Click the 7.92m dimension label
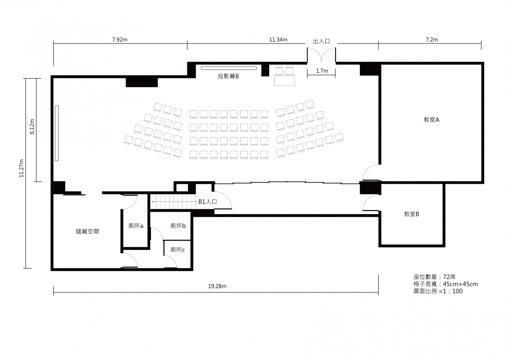pos(120,40)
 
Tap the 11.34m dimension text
pos(278,40)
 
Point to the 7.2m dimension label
pos(432,40)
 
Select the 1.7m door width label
pos(322,71)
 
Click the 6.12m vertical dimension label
pos(32,127)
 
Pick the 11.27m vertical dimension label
pos(21,168)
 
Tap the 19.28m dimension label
pos(217,286)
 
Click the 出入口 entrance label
pos(321,41)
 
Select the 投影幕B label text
pos(228,76)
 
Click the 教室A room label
pos(431,119)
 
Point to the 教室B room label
pos(412,214)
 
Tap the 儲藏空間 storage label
pos(87,231)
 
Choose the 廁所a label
pos(136,225)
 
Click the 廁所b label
pos(178,225)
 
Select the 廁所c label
pos(177,250)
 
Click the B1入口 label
pos(208,202)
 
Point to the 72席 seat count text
pos(449,277)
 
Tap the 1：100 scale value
pos(453,291)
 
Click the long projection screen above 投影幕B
pos(228,68)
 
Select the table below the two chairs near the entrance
pos(284,80)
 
